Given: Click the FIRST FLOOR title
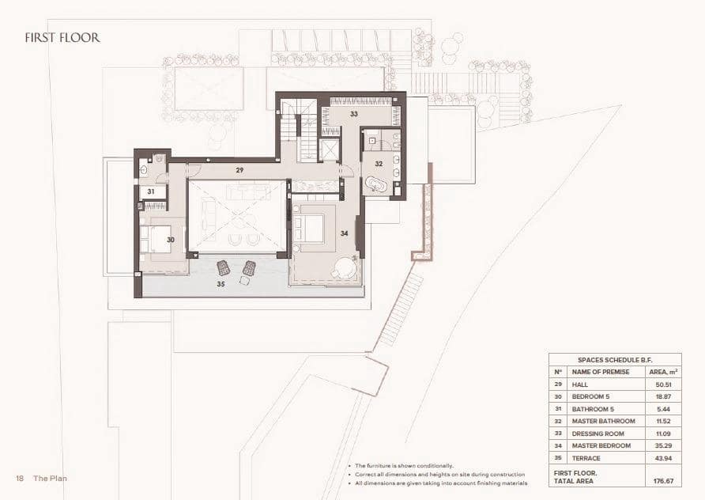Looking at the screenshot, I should [x=62, y=37].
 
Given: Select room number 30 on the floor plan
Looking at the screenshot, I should [x=170, y=240].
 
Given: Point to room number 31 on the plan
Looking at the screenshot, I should [x=151, y=191].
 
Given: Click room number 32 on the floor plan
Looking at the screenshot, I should [x=379, y=164].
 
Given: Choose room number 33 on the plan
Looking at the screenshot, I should [x=354, y=114].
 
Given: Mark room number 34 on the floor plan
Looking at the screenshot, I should [x=344, y=233].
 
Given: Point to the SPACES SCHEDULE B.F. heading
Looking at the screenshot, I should [x=614, y=358].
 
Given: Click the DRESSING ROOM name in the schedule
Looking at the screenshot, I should [x=598, y=434].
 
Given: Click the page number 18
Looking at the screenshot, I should [x=19, y=479].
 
